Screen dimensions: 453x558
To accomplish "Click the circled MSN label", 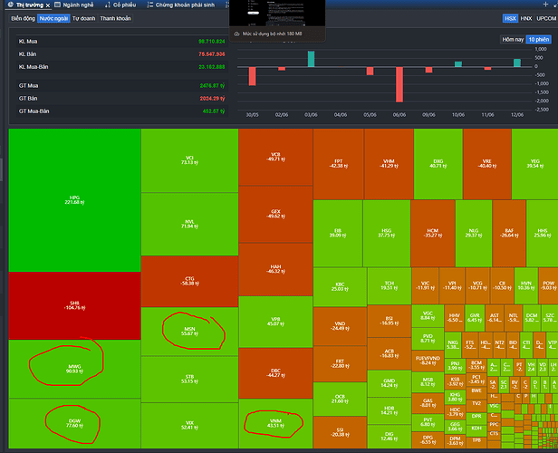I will coord(188,332).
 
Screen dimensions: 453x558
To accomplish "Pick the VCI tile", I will coord(188,159).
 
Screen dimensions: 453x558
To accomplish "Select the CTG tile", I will coord(188,281).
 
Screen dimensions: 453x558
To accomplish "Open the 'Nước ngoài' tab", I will coord(53,18).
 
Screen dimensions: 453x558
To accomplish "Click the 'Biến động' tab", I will coord(23,18).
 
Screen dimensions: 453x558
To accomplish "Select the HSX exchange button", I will coord(510,18).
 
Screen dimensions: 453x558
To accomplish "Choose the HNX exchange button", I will coord(526,18).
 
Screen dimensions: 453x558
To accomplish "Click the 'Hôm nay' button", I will coord(513,39).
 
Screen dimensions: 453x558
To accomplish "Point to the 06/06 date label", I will coord(399,115).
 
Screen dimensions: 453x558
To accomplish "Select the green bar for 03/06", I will coord(311,59).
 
